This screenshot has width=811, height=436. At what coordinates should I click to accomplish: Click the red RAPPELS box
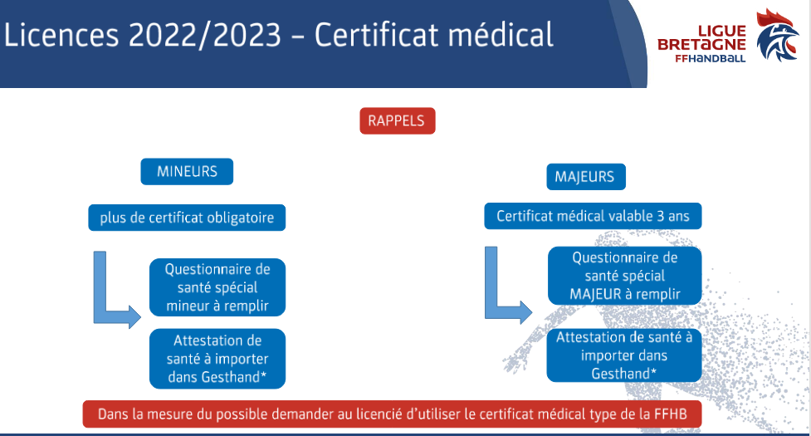click(x=398, y=121)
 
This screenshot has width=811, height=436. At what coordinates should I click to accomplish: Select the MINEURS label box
click(x=187, y=172)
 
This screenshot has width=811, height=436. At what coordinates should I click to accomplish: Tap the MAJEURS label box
click(x=585, y=177)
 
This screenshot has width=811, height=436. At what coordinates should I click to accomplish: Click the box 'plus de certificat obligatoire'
click(x=187, y=218)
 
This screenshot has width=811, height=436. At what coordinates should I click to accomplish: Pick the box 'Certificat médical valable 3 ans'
click(x=593, y=216)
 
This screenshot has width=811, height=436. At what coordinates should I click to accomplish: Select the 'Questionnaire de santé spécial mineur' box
click(x=217, y=287)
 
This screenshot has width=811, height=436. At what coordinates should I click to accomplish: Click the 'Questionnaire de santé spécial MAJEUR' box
click(x=625, y=276)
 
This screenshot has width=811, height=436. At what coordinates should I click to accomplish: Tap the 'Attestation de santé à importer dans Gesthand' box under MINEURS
click(x=217, y=359)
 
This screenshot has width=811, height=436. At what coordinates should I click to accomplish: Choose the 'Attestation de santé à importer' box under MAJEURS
click(x=624, y=355)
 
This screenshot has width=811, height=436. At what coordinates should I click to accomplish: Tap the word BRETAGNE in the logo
click(x=701, y=45)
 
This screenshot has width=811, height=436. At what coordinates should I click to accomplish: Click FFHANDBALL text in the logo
click(x=710, y=58)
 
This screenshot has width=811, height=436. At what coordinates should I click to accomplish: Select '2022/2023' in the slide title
click(x=205, y=35)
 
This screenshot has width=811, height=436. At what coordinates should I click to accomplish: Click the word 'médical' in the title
click(x=501, y=35)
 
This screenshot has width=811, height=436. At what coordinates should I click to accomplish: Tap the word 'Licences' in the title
click(x=61, y=35)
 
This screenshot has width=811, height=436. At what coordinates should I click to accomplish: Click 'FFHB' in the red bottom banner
click(x=671, y=414)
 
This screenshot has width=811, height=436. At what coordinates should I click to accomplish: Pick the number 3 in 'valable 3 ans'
click(x=661, y=216)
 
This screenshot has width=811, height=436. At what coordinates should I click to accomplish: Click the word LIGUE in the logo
click(x=722, y=31)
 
